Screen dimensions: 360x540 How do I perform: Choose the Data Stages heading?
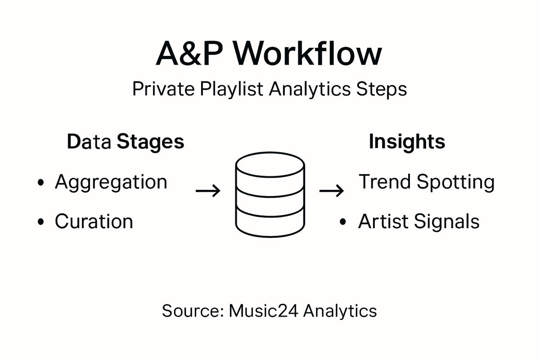click(126, 142)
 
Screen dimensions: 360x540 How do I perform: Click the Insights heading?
click(407, 142)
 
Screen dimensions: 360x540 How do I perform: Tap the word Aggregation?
click(111, 183)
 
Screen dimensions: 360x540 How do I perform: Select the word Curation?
click(94, 221)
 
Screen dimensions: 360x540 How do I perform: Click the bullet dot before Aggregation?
click(42, 183)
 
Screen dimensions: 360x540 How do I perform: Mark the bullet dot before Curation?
click(42, 222)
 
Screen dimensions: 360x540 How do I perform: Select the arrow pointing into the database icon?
click(208, 191)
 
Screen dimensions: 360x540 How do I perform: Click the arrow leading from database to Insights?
click(332, 191)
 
